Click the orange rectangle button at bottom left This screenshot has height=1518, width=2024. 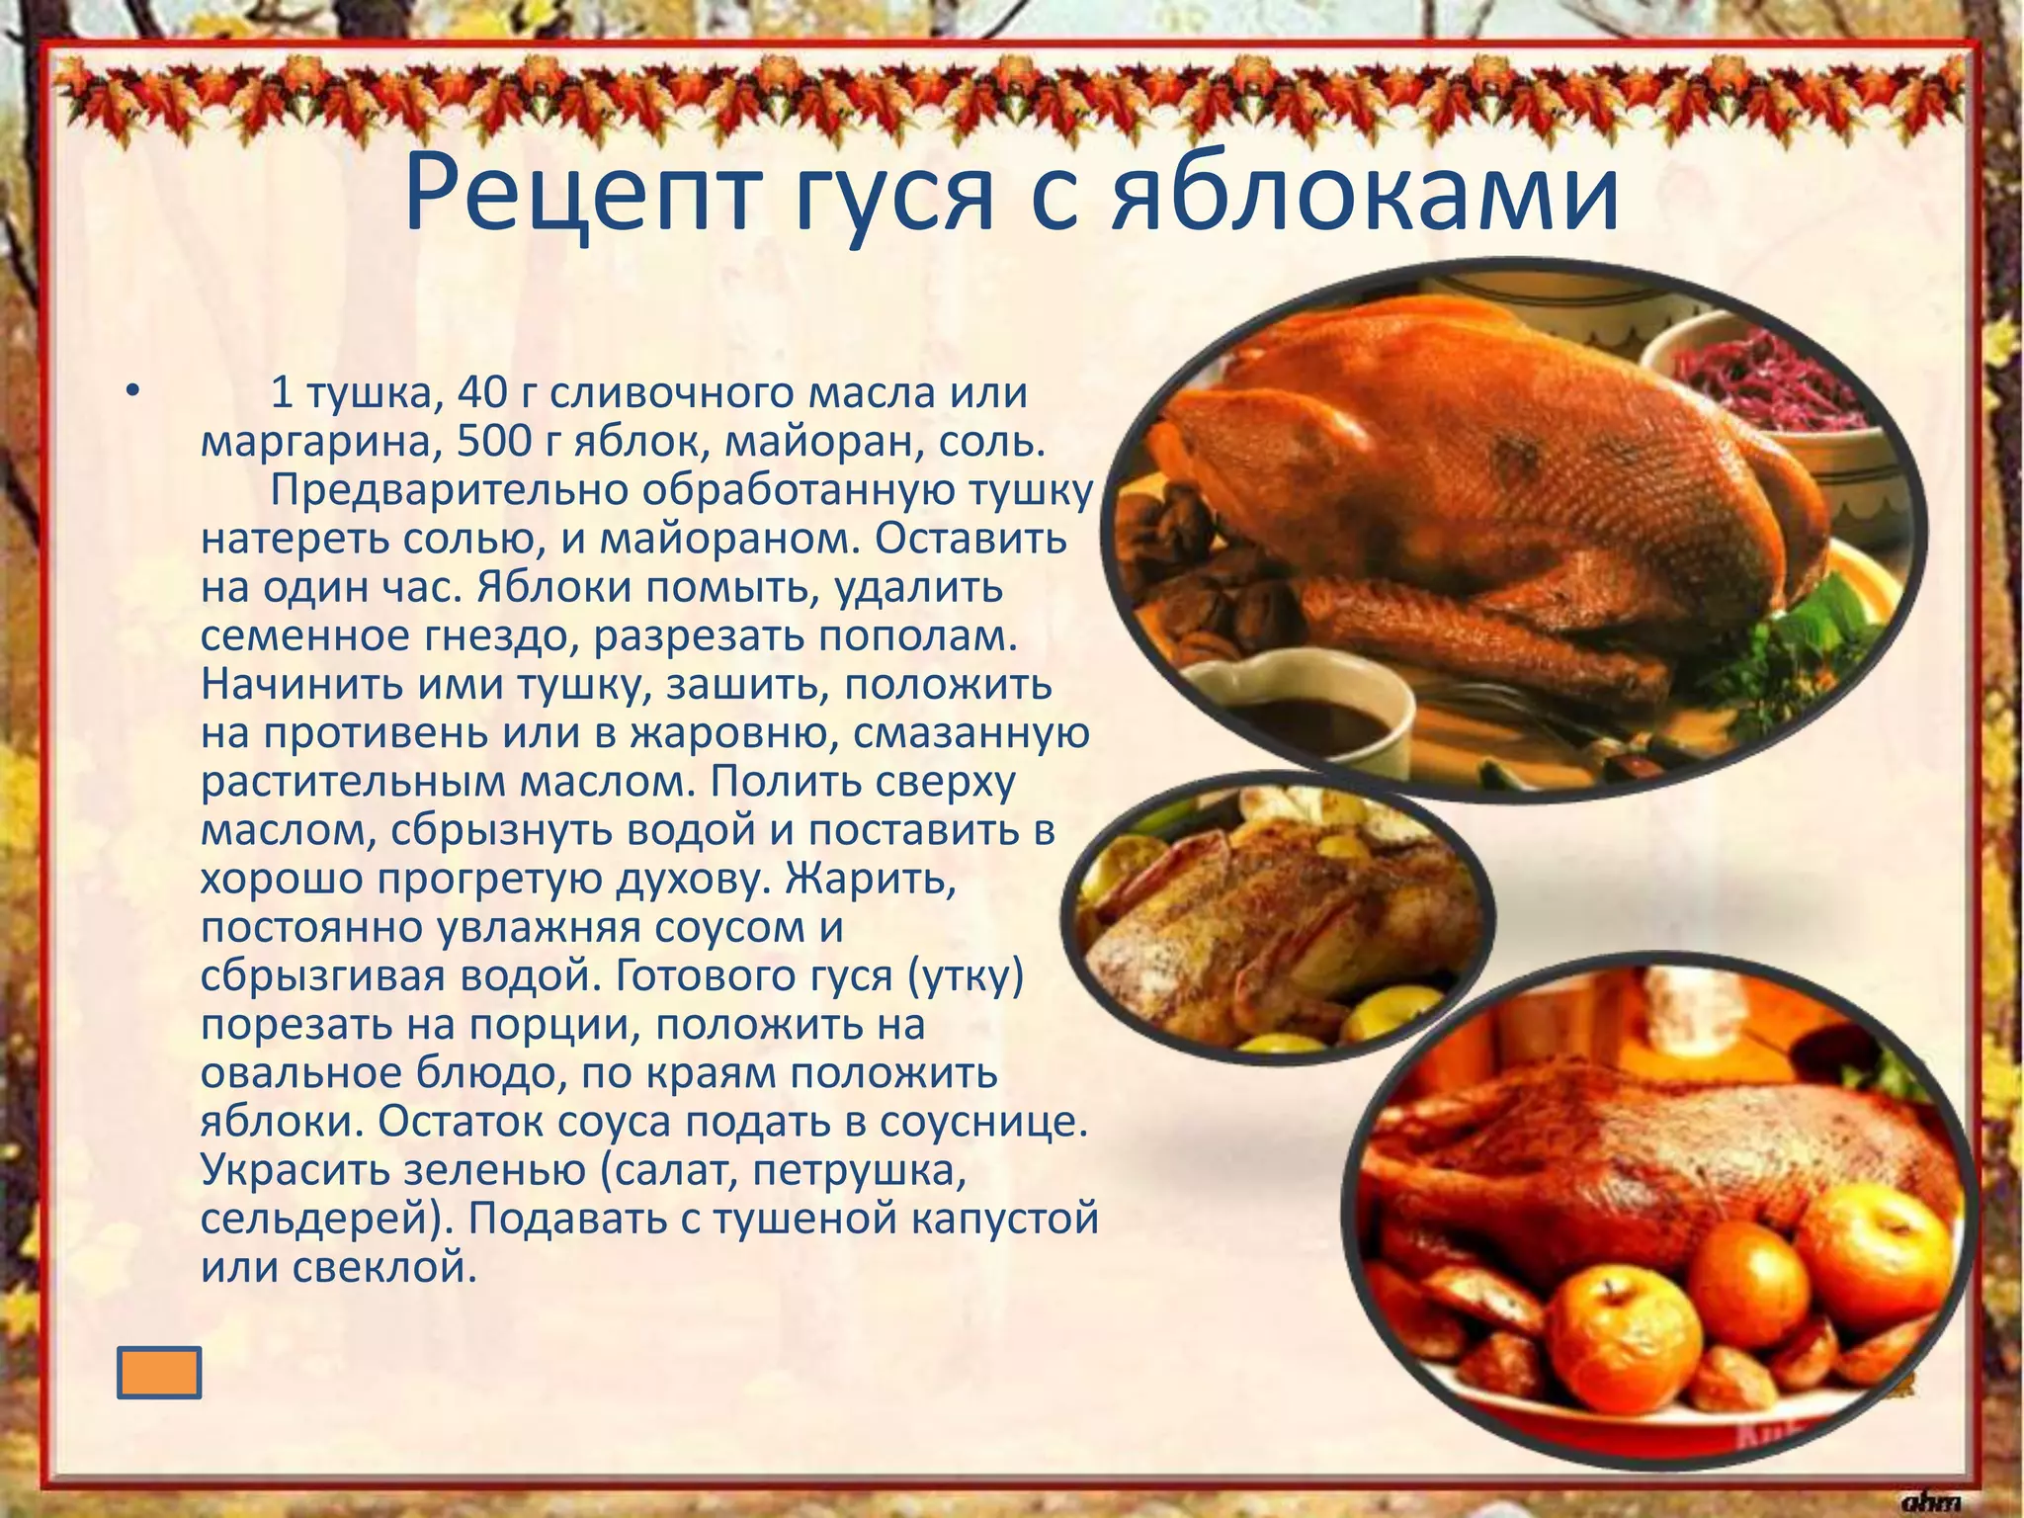159,1373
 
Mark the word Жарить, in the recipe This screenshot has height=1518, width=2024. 871,879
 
